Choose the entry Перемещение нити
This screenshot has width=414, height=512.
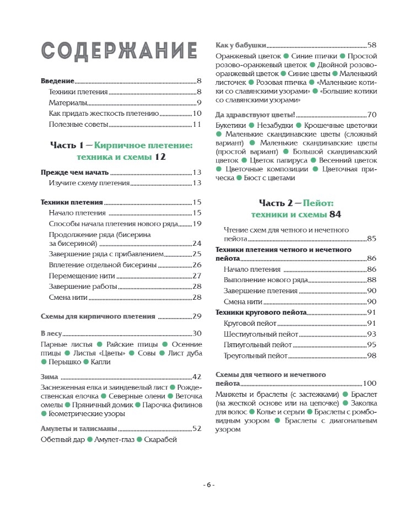80,276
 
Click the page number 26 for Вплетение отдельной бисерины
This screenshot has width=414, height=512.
197,265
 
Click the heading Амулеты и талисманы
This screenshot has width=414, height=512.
79,428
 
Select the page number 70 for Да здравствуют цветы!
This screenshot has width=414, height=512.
371,115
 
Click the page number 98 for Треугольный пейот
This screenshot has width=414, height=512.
371,355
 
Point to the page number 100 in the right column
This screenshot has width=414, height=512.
369,383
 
